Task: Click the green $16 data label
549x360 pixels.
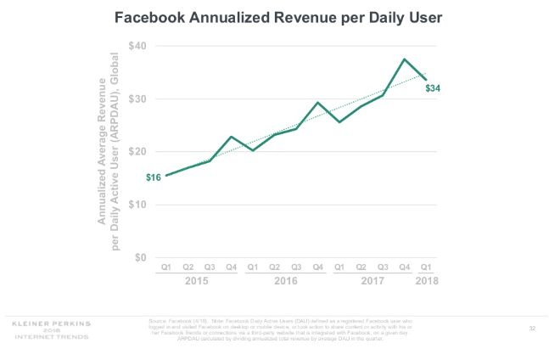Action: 154,177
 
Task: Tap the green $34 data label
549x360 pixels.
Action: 433,87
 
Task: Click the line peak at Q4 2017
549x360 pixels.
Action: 405,59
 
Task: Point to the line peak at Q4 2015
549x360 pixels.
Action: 231,137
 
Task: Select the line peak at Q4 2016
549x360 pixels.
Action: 318,103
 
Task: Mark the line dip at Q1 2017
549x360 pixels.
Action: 339,122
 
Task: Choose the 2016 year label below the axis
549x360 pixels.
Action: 285,279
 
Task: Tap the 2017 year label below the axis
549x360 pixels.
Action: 372,279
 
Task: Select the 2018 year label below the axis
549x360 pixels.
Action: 427,279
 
